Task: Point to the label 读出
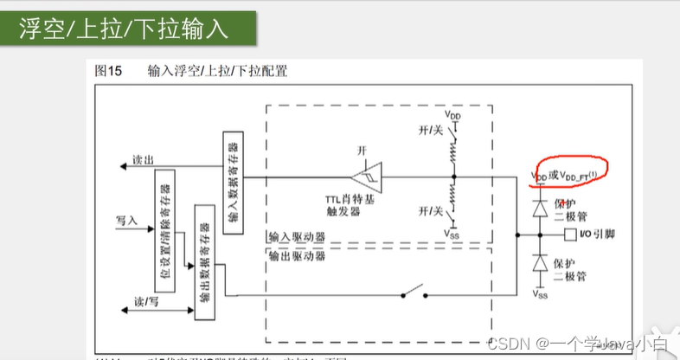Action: tap(143, 159)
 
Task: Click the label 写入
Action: tap(127, 222)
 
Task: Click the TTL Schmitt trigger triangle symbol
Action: tap(367, 177)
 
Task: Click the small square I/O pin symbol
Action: tap(569, 235)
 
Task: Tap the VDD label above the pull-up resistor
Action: tap(453, 114)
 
